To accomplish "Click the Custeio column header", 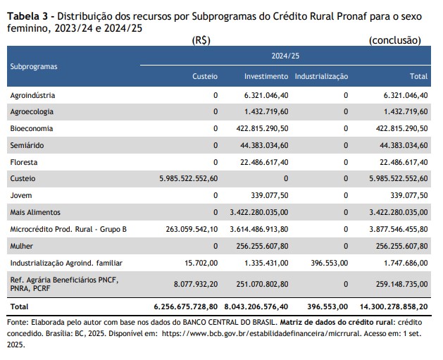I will (205, 76).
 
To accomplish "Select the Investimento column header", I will (266, 76).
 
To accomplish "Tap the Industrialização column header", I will (321, 76).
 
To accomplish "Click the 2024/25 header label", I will (287, 54).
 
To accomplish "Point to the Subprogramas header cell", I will (34, 66).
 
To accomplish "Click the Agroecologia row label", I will (32, 111).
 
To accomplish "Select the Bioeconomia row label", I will (32, 128).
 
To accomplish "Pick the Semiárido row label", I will (27, 145).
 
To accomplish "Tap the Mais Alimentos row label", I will (35, 212).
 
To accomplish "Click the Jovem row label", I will (21, 195).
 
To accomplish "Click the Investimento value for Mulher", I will (262, 246).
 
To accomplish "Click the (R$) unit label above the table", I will (201, 41).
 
